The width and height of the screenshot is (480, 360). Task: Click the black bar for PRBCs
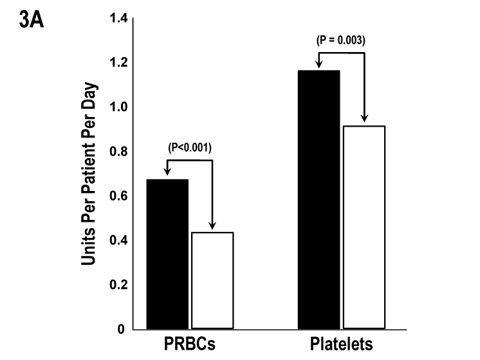(x=167, y=254)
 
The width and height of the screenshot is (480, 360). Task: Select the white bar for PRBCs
(x=212, y=280)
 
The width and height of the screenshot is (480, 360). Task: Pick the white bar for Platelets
(x=364, y=227)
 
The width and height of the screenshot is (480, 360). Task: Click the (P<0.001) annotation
(x=189, y=148)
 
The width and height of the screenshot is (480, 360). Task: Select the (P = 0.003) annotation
(x=342, y=40)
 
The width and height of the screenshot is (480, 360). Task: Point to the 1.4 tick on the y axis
(x=118, y=18)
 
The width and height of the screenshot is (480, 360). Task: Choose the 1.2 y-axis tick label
(x=118, y=62)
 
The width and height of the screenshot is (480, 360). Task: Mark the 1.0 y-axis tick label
(x=118, y=107)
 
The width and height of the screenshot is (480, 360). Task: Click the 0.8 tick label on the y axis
(x=118, y=152)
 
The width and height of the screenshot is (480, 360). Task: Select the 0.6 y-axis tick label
(x=118, y=196)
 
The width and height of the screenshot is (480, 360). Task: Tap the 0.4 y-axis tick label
(x=118, y=240)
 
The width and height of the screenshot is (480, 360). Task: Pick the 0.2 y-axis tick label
(x=118, y=285)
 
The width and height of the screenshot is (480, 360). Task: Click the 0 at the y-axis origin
(x=122, y=329)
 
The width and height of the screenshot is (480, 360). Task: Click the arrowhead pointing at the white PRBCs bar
(x=212, y=227)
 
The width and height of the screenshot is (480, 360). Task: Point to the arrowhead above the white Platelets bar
(x=364, y=119)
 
